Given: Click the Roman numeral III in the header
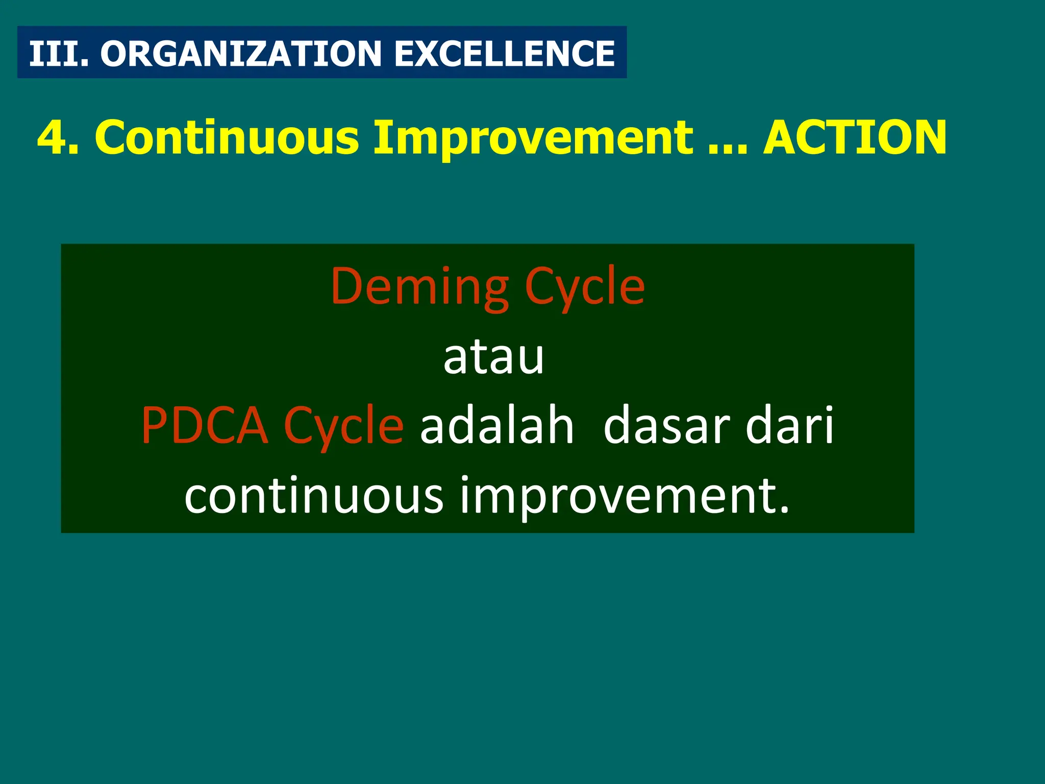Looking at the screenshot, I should pyautogui.click(x=55, y=53).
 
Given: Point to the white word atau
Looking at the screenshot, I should pyautogui.click(x=493, y=357).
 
